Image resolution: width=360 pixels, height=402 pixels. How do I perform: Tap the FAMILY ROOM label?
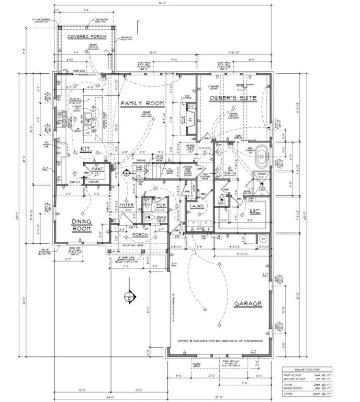pyautogui.click(x=142, y=104)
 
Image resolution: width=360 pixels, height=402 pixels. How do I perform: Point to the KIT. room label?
pyautogui.click(x=86, y=149)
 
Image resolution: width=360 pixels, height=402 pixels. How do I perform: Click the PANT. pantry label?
pyautogui.click(x=97, y=169)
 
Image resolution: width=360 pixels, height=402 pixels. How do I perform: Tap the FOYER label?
pyautogui.click(x=127, y=205)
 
